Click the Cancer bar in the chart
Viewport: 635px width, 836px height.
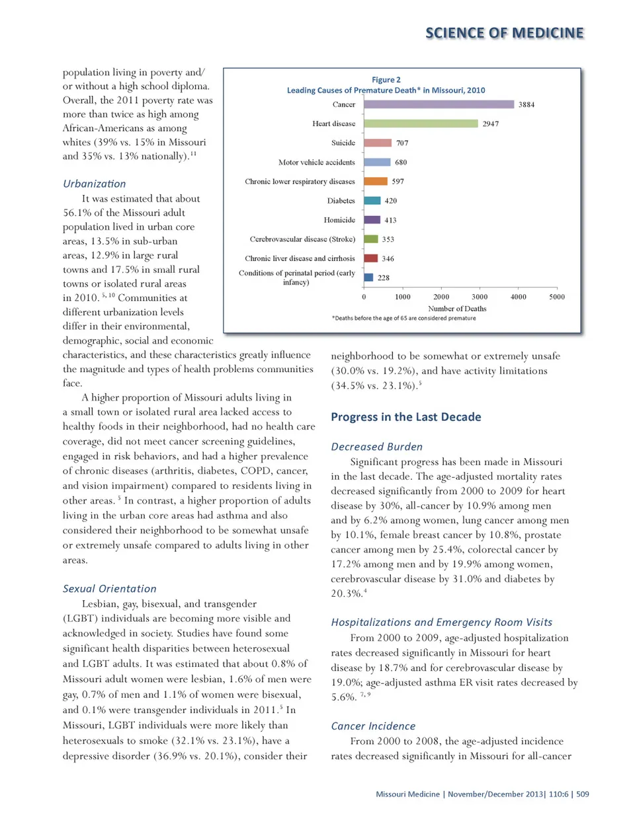tap(439, 104)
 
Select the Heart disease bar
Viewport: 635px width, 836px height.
tap(421, 124)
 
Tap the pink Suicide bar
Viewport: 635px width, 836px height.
tap(378, 143)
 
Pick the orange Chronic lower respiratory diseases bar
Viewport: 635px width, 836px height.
tap(376, 181)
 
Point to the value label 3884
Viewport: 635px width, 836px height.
tap(527, 104)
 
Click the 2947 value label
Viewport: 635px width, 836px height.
tap(491, 124)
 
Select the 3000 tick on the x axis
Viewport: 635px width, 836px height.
tap(480, 297)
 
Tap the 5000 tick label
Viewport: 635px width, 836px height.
tap(557, 297)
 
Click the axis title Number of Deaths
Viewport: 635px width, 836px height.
tap(457, 309)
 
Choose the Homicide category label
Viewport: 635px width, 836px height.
tap(339, 220)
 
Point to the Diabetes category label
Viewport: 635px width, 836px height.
tap(341, 201)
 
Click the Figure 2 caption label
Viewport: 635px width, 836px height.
tap(386, 80)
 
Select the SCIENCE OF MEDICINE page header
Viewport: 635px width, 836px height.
tap(505, 33)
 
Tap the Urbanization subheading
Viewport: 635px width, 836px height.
tap(94, 184)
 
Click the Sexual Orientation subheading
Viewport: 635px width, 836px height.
tap(110, 589)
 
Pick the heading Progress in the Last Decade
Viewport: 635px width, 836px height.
tap(406, 417)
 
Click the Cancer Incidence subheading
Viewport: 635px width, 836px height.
tap(373, 726)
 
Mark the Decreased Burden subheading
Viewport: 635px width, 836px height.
tap(376, 447)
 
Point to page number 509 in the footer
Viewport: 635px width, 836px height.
tap(582, 794)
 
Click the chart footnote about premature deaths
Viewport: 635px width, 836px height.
tap(404, 319)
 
